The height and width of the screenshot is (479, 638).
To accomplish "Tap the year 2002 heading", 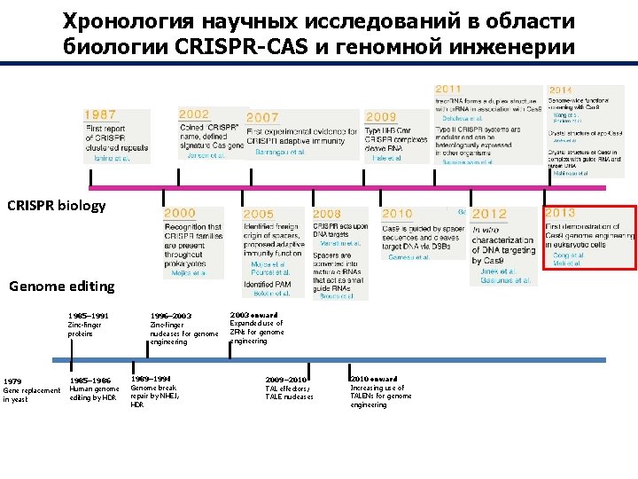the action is tap(194, 114).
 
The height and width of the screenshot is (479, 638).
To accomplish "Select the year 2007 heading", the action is tap(262, 118).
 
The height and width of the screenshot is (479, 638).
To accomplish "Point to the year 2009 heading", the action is tap(381, 116).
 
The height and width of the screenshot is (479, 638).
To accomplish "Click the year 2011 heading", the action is tap(447, 89).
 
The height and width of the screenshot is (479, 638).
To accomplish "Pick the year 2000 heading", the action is tap(180, 214).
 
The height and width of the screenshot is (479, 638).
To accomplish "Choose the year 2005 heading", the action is tap(258, 214).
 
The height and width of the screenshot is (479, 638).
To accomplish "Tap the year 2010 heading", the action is tap(397, 214).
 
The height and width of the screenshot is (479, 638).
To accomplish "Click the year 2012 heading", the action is tap(489, 214).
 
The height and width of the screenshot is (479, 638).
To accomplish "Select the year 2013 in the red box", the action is tap(561, 213).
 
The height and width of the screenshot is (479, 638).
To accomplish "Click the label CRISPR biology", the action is tap(56, 206).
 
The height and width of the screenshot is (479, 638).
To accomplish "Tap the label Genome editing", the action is tap(61, 286).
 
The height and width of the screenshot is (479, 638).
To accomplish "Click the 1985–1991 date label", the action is tap(89, 315).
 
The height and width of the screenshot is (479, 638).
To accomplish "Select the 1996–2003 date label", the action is tap(171, 315).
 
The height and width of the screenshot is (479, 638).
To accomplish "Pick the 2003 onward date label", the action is tap(253, 315).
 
